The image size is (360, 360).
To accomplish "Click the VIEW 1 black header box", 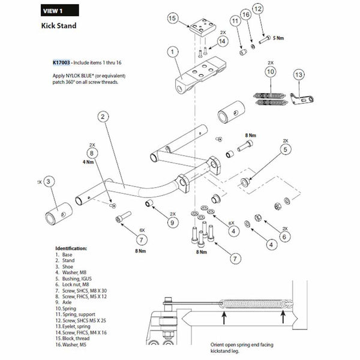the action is click(x=59, y=11).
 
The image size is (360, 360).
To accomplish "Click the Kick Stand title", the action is click(x=59, y=26).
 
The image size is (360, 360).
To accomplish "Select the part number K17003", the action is click(x=61, y=62).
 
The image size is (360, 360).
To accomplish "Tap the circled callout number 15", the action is click(x=172, y=19).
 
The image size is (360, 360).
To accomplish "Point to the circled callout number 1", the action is click(x=172, y=52).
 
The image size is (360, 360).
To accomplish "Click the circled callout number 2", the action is click(x=103, y=117).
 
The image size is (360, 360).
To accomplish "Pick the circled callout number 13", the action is click(x=299, y=75).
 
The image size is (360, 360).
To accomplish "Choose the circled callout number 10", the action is click(x=271, y=72).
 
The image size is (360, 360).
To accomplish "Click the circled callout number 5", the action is click(x=285, y=149).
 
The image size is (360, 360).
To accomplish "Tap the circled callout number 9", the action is click(x=172, y=223).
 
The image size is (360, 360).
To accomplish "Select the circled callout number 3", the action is click(x=48, y=182).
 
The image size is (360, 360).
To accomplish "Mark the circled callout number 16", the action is click(x=246, y=14).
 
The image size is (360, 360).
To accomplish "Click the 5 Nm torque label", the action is click(x=278, y=38).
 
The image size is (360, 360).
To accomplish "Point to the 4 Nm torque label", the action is click(x=88, y=162).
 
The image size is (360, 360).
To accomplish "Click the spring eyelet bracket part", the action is click(x=302, y=99).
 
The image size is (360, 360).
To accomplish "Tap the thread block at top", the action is click(x=203, y=27).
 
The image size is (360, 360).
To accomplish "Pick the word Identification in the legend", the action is click(x=71, y=248).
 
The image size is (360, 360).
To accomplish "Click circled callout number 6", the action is click(x=284, y=237).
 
